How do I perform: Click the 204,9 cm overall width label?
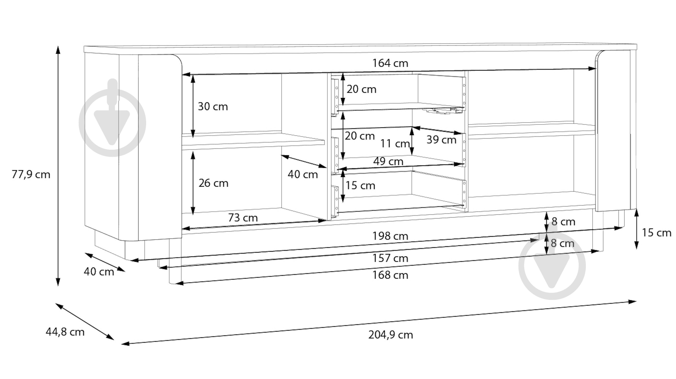(x=391, y=335)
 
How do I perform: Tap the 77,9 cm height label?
(x=31, y=175)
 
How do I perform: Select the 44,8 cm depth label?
(x=65, y=332)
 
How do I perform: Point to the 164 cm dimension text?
(x=390, y=63)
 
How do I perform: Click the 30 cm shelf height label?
(x=213, y=107)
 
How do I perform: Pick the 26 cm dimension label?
(x=213, y=183)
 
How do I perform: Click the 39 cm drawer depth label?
(x=441, y=140)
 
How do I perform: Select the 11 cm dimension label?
(x=395, y=144)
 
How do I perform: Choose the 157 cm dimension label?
(x=390, y=258)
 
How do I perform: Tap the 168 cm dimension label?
(x=390, y=275)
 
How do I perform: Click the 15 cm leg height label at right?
(x=656, y=233)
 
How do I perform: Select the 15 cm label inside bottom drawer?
(x=360, y=186)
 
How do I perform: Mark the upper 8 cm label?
(x=563, y=222)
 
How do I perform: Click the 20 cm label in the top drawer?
(x=361, y=89)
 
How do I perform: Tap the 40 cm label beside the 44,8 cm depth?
(x=99, y=272)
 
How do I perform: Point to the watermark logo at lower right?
(x=552, y=265)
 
